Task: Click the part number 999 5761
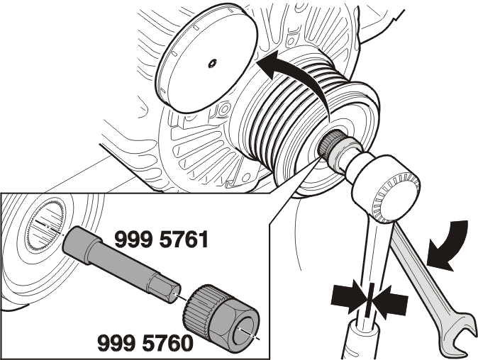click(162, 239)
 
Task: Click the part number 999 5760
click(145, 343)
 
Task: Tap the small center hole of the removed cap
click(212, 64)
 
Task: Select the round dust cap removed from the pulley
click(208, 59)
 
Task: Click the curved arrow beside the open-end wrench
click(450, 244)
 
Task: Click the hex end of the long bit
click(164, 289)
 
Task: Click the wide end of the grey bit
click(82, 244)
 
